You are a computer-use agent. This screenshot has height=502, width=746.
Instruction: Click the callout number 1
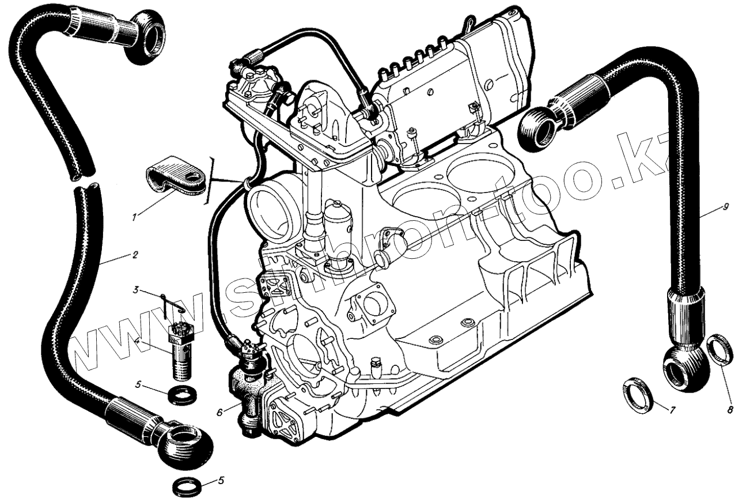pyautogui.click(x=134, y=218)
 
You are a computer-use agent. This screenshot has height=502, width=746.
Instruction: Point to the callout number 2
pyautogui.click(x=134, y=254)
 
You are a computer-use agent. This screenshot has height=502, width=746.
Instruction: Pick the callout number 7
pyautogui.click(x=671, y=410)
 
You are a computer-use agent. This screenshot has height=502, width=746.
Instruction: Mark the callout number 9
pyautogui.click(x=725, y=206)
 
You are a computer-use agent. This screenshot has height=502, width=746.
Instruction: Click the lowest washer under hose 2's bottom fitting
pyautogui.click(x=188, y=488)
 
